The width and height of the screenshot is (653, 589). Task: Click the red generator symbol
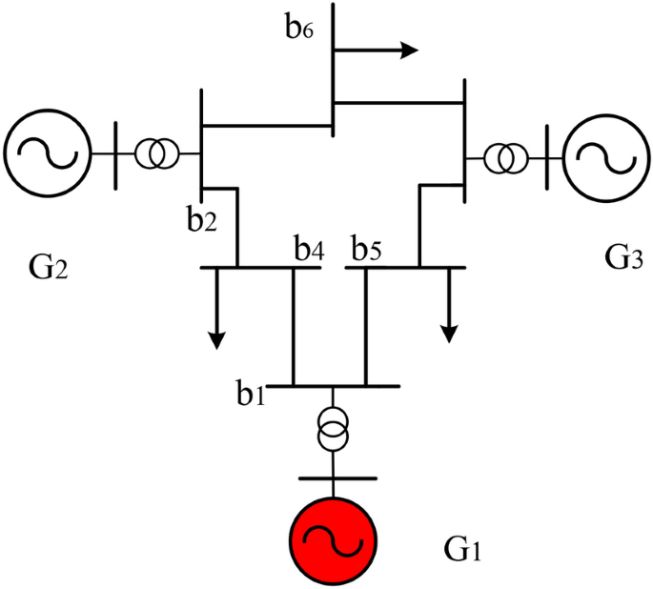pos(333,538)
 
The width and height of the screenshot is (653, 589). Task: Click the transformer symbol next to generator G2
pos(155,152)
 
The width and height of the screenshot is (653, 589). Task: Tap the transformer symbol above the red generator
pos(333,429)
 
